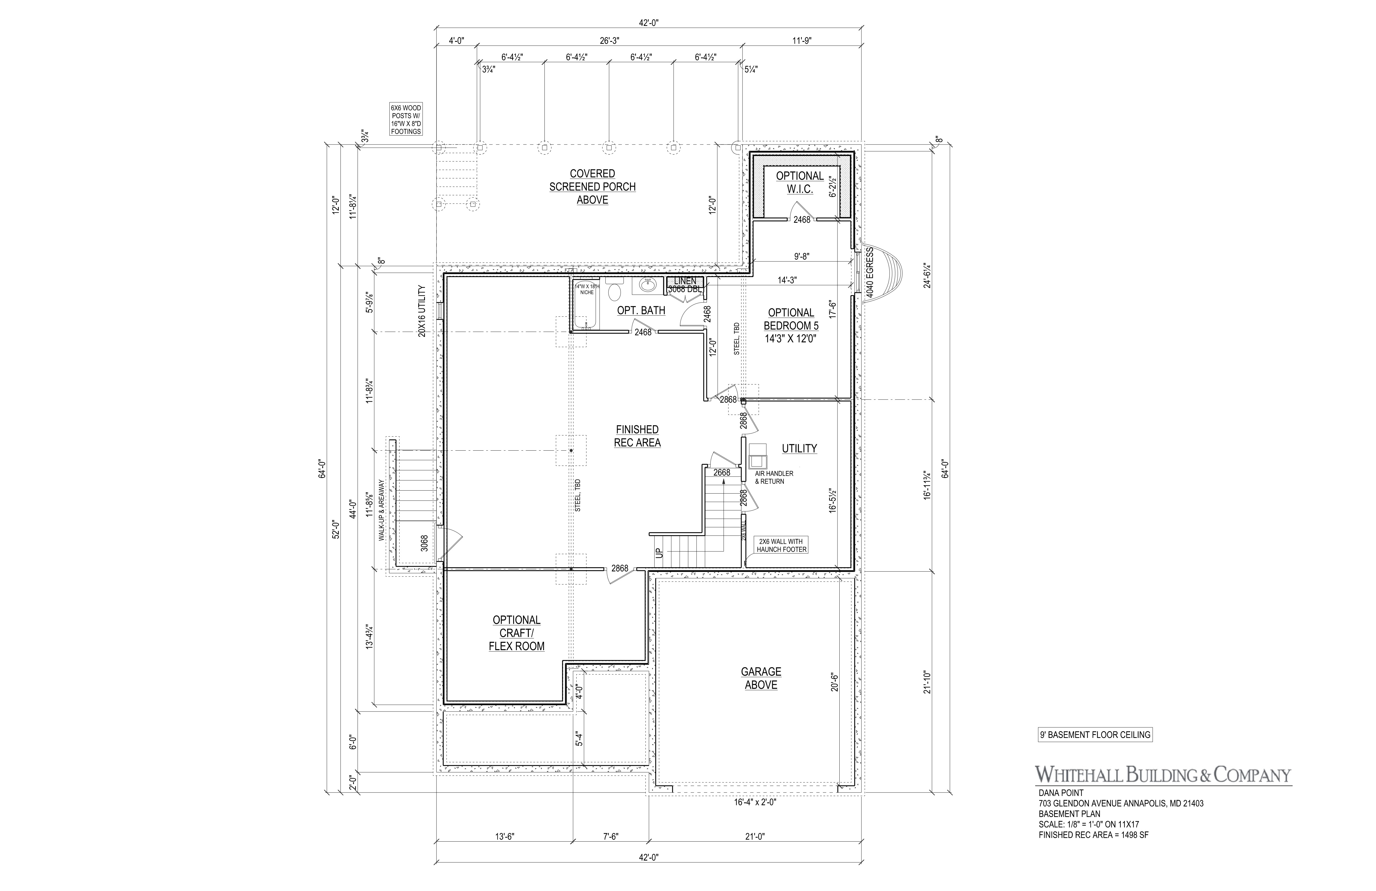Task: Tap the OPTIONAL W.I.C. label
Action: pos(800,182)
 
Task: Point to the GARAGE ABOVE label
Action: pos(761,678)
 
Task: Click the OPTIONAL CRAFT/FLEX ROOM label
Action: pos(517,633)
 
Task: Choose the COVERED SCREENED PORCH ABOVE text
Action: pos(592,186)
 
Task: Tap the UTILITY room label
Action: pos(800,448)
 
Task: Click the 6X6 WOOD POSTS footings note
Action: pos(406,120)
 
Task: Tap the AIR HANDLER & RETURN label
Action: pos(774,477)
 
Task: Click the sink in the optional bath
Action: pos(648,286)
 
